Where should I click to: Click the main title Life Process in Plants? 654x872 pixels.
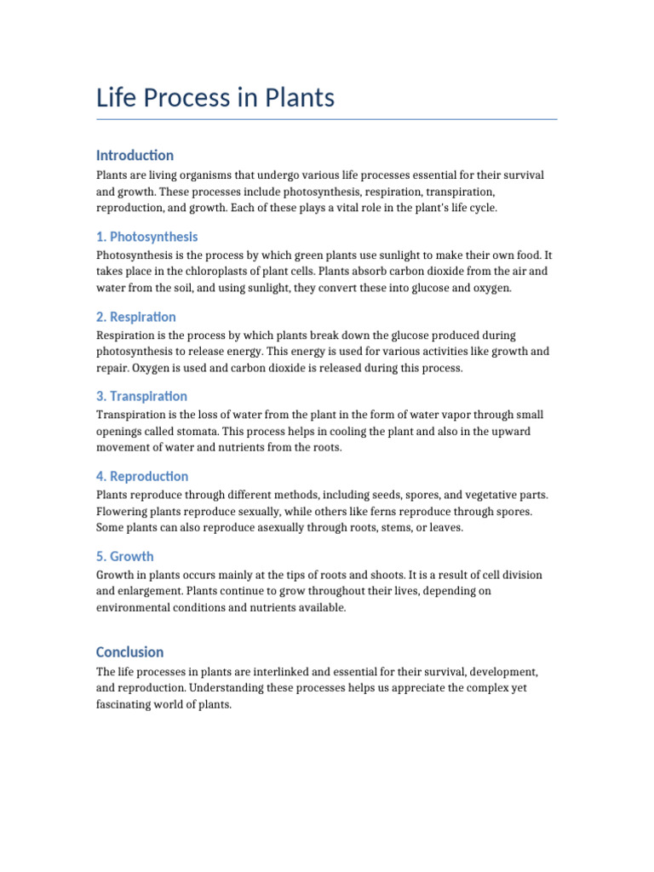[x=215, y=98]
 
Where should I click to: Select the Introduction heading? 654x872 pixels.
[x=135, y=155]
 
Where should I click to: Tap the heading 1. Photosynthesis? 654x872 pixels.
[x=146, y=237]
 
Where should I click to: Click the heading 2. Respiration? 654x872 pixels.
[x=136, y=317]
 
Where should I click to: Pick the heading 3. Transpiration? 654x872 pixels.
[x=141, y=396]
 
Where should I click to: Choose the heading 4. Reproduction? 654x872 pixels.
[x=142, y=476]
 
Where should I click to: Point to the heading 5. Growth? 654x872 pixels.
[x=125, y=556]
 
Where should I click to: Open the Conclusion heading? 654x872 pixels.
[x=129, y=652]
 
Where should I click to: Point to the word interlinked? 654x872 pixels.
[x=279, y=671]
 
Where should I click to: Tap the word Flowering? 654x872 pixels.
[x=123, y=511]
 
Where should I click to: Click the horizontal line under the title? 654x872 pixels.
[x=327, y=119]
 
